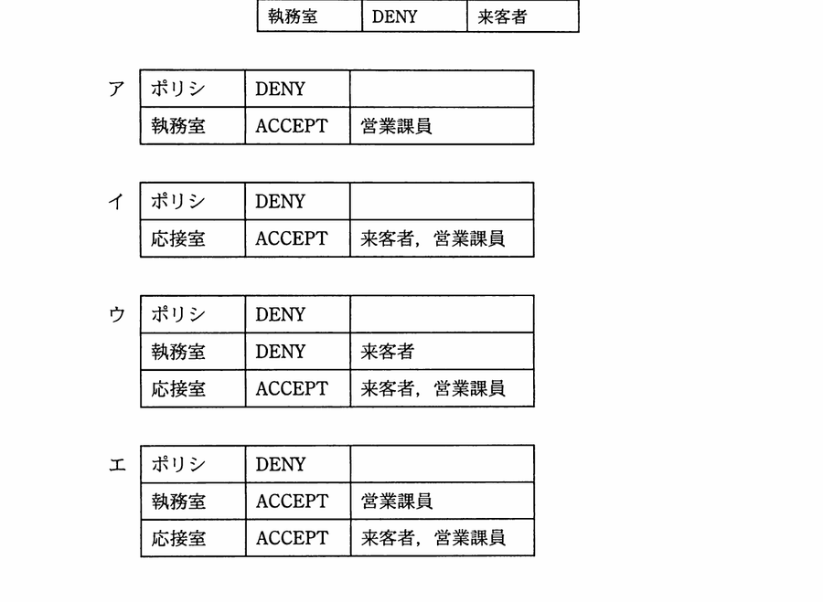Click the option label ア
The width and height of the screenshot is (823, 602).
(116, 89)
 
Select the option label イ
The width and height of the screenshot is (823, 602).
(116, 201)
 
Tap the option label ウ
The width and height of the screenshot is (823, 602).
(117, 314)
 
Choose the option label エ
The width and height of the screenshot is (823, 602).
(117, 464)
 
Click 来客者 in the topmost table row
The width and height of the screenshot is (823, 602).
(502, 16)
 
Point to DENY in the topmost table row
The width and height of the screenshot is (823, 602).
(394, 16)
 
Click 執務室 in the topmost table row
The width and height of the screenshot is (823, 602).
(293, 16)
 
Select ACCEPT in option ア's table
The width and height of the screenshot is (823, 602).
(292, 126)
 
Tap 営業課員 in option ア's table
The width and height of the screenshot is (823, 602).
(396, 126)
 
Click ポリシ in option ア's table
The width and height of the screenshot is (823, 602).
(177, 89)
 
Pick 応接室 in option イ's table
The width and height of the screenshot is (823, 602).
(178, 238)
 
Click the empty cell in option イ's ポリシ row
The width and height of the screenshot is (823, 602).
(442, 201)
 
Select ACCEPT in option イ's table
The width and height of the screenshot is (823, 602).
(292, 238)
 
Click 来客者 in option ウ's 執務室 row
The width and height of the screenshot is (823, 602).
(388, 352)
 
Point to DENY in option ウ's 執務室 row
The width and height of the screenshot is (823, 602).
(281, 352)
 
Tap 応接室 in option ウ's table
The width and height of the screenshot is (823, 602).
(178, 388)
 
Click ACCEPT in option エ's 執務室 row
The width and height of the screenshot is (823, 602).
(292, 502)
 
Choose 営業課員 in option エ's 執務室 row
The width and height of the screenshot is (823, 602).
(397, 502)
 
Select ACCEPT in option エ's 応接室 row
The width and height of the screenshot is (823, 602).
(292, 538)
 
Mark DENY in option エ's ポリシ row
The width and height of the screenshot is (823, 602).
(281, 464)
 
